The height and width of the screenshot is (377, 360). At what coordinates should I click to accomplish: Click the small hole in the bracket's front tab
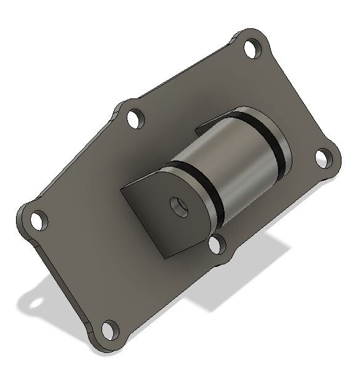[x=178, y=206]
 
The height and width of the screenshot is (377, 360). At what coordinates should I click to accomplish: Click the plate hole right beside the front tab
[x=217, y=244]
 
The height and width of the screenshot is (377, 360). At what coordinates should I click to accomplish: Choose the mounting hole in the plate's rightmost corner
[x=324, y=159]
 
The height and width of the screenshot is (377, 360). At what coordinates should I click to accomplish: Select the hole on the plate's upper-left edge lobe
[x=135, y=118]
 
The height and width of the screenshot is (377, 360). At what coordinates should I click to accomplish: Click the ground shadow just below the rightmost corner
[x=308, y=203]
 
